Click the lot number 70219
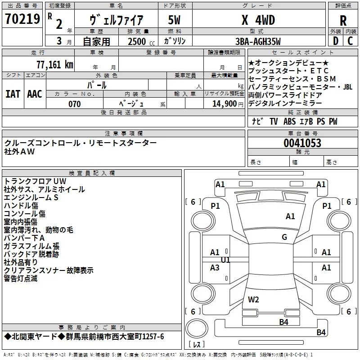point(22,19)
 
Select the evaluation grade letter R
point(343,21)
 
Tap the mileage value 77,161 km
point(55,65)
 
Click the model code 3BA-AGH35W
point(258,41)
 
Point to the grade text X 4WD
point(258,20)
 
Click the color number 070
point(75,104)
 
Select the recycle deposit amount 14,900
point(225,104)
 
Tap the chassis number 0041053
point(302,143)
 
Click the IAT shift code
point(13,94)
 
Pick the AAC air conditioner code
point(35,94)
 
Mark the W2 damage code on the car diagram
point(253,300)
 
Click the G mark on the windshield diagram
point(284,237)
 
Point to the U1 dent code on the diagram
point(225,260)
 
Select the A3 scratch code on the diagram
point(215,267)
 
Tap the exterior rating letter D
point(336,41)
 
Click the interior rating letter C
point(350,41)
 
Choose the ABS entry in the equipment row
point(289,121)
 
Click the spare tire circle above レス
point(197,328)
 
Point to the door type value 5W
point(174,20)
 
